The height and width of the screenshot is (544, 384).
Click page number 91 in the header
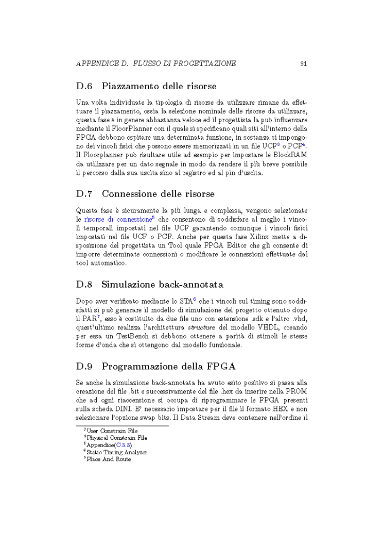(x=303, y=64)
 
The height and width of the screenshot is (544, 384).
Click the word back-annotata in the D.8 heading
(x=190, y=284)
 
